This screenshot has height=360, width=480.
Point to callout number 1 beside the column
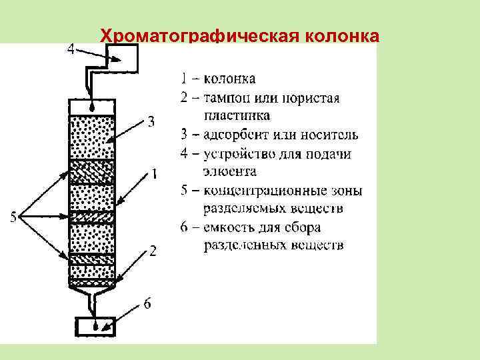click(x=154, y=174)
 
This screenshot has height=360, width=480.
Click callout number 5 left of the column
click(x=13, y=217)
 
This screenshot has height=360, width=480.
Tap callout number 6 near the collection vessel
click(x=147, y=304)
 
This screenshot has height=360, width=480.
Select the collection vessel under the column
click(x=96, y=327)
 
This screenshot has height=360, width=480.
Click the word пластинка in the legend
click(x=237, y=116)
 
